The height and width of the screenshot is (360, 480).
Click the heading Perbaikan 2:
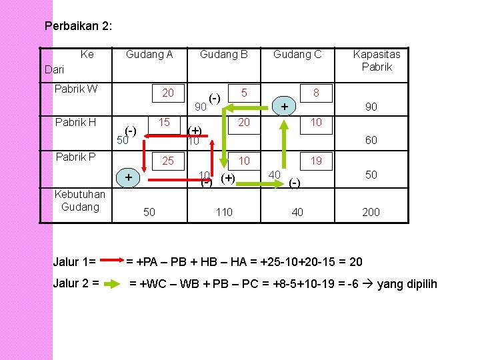coord(78,27)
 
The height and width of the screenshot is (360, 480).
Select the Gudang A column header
coord(149,55)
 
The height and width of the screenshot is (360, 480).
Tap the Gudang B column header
coord(224,55)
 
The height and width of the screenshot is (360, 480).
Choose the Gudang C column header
coord(297,55)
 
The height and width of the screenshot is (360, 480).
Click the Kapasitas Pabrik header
coord(377,61)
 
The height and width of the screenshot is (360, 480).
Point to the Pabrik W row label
coord(75,88)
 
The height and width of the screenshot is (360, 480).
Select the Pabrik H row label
coord(75,123)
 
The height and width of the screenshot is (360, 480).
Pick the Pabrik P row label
coord(75,157)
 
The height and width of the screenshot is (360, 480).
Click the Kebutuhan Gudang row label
coord(79,200)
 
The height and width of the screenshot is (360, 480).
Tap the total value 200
coord(371,212)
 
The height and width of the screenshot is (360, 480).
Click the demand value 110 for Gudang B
coord(224,212)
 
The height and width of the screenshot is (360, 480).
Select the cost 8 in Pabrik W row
coord(317,94)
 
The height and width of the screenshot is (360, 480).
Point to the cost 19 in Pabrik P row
coord(316,161)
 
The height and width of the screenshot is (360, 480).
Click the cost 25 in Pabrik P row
coord(168,161)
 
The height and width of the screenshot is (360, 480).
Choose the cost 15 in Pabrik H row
coord(164,123)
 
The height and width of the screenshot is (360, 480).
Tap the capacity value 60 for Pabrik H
coord(371,141)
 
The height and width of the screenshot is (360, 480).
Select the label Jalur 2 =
coord(76,283)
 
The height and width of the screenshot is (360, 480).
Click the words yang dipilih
coord(407,285)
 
